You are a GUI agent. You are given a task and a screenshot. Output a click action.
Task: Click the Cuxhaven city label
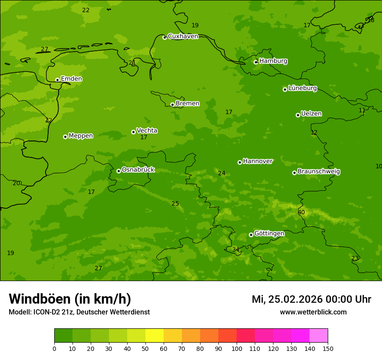pyautogui.click(x=183, y=36)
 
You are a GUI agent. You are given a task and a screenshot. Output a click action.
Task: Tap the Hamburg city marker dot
pyautogui.click(x=256, y=62)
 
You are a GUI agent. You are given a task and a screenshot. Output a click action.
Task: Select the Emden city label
pyautogui.click(x=71, y=79)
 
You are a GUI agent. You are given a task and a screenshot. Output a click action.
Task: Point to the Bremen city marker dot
pyautogui.click(x=172, y=105)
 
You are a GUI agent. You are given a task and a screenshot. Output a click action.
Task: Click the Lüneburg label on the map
pyautogui.click(x=302, y=88)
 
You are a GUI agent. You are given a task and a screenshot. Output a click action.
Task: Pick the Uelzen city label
pyautogui.click(x=311, y=114)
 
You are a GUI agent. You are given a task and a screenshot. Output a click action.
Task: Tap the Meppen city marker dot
pyautogui.click(x=65, y=137)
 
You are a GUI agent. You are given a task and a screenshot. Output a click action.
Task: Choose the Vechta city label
pyautogui.click(x=147, y=131)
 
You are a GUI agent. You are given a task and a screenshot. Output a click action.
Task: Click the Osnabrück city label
pyautogui.click(x=138, y=170)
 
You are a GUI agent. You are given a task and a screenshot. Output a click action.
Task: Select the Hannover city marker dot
pyautogui.click(x=240, y=162)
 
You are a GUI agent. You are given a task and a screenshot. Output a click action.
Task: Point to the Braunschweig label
pyautogui.click(x=319, y=172)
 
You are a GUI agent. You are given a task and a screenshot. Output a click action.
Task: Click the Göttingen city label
pyautogui.click(x=269, y=233)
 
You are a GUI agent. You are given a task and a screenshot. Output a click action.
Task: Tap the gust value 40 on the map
pyautogui.click(x=301, y=213)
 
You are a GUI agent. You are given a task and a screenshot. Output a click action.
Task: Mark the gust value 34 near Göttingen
pyautogui.click(x=236, y=249)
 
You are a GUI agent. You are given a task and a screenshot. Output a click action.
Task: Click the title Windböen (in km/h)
pyautogui.click(x=70, y=299)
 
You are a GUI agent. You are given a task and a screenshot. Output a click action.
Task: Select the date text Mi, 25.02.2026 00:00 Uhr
pyautogui.click(x=311, y=299)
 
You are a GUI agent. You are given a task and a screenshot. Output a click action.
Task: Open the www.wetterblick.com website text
pyautogui.click(x=313, y=312)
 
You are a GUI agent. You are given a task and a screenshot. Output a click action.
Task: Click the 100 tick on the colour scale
pyautogui.click(x=237, y=348)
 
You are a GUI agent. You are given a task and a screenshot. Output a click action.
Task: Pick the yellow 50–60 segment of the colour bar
pyautogui.click(x=155, y=336)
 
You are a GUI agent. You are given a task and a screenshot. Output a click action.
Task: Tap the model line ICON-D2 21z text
pyautogui.click(x=79, y=312)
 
